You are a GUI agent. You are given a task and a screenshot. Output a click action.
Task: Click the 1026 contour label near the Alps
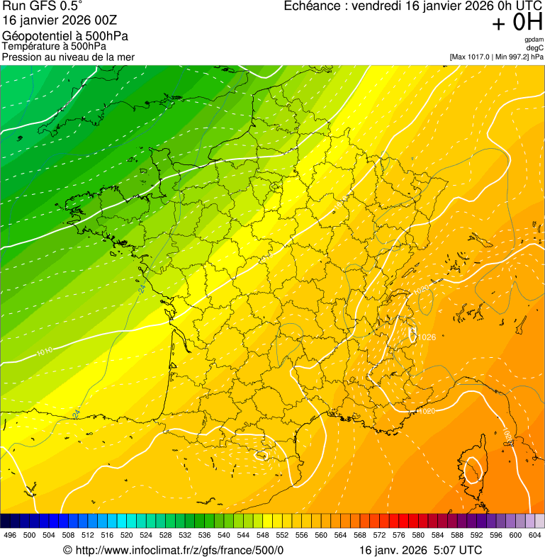(427, 337)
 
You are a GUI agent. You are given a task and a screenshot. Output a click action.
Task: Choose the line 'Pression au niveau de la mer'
(68, 57)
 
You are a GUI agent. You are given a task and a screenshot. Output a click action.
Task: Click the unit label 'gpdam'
(534, 40)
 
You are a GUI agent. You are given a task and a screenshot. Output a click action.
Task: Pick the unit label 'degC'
(535, 48)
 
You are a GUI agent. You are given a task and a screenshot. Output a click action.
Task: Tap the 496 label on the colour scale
(10, 534)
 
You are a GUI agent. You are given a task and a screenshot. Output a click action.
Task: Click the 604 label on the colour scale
(535, 534)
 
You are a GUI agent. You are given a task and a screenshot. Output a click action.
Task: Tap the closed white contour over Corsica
(472, 468)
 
